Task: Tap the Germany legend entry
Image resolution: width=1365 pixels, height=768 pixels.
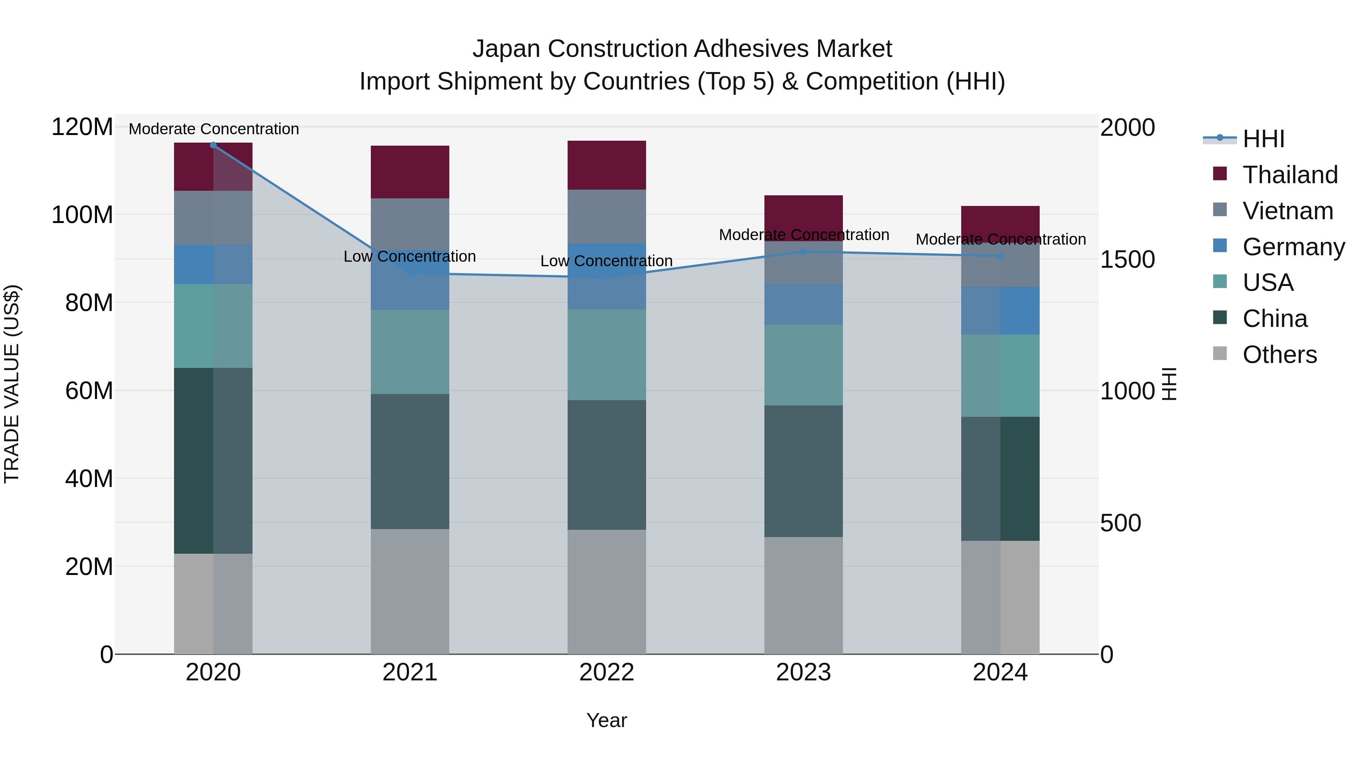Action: (1293, 247)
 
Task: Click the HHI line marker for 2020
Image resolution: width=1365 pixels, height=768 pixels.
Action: (213, 145)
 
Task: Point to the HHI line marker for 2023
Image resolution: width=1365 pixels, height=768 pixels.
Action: (803, 252)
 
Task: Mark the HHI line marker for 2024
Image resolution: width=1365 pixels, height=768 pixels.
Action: (1000, 256)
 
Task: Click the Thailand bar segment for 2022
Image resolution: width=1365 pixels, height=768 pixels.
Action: (607, 165)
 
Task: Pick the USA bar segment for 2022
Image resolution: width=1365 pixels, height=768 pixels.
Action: (607, 355)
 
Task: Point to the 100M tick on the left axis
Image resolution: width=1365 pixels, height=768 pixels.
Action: (82, 215)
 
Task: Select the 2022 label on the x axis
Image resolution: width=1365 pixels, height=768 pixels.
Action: (607, 672)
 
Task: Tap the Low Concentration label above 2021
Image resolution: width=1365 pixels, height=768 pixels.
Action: (409, 256)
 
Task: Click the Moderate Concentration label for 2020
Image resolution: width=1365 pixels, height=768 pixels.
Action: (213, 129)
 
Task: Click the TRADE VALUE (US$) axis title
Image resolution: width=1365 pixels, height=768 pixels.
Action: (12, 384)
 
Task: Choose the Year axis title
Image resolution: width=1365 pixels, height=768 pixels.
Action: (607, 720)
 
